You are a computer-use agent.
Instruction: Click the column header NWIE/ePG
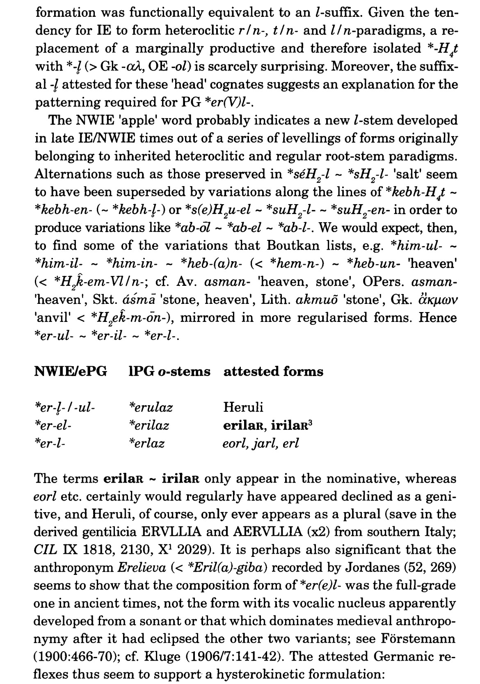71,372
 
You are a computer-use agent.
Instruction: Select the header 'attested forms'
273,372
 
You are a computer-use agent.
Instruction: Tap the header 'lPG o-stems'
169,372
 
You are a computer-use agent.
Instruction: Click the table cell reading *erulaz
151,407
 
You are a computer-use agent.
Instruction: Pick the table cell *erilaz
149,425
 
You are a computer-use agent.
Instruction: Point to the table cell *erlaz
146,443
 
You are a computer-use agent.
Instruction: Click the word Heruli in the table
243,407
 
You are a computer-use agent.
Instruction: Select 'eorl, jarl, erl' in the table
261,443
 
